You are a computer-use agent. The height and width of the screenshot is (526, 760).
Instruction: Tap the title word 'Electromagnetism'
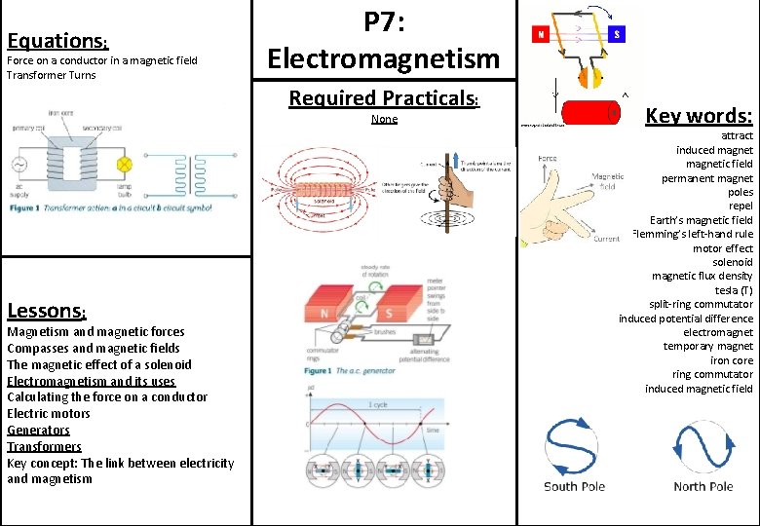click(x=383, y=58)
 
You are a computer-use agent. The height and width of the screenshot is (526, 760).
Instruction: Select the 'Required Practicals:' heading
click(x=383, y=97)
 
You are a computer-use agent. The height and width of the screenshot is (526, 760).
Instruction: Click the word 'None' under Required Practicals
click(x=384, y=119)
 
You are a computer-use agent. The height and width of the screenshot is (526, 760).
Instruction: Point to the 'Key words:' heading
click(x=699, y=115)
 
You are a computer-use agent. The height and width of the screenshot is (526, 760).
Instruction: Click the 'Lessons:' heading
click(x=46, y=311)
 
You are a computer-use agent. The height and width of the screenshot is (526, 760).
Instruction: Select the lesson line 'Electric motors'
click(x=48, y=413)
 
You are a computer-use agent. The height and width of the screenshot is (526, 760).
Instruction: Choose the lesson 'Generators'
click(x=38, y=430)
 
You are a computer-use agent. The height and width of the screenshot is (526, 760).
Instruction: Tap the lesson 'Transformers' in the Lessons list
click(x=44, y=446)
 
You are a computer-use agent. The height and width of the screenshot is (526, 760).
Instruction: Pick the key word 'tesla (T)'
click(x=733, y=290)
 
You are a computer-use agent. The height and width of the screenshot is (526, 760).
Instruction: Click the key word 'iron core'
click(x=732, y=360)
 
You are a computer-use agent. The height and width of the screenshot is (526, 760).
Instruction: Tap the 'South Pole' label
click(x=574, y=486)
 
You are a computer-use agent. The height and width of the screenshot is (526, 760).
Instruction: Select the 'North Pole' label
click(x=703, y=486)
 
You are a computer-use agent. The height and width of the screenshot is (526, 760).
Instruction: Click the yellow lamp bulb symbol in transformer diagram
click(x=124, y=163)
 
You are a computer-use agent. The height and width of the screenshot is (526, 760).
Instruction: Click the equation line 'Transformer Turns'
click(x=51, y=75)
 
